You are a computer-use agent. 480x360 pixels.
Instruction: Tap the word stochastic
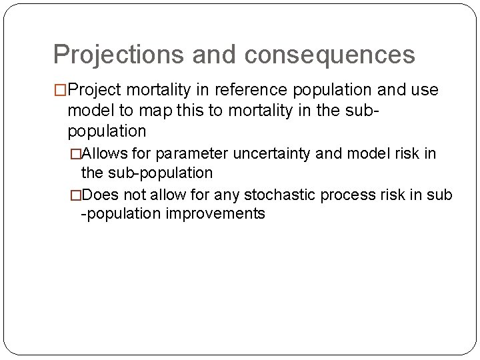(x=281, y=195)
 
